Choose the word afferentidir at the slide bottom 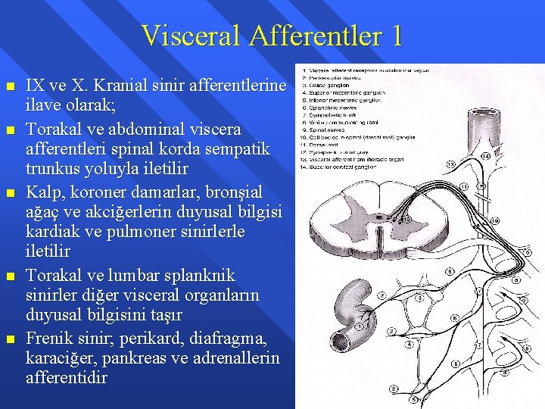pos(67,377)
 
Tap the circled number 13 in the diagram pos(450,164)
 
